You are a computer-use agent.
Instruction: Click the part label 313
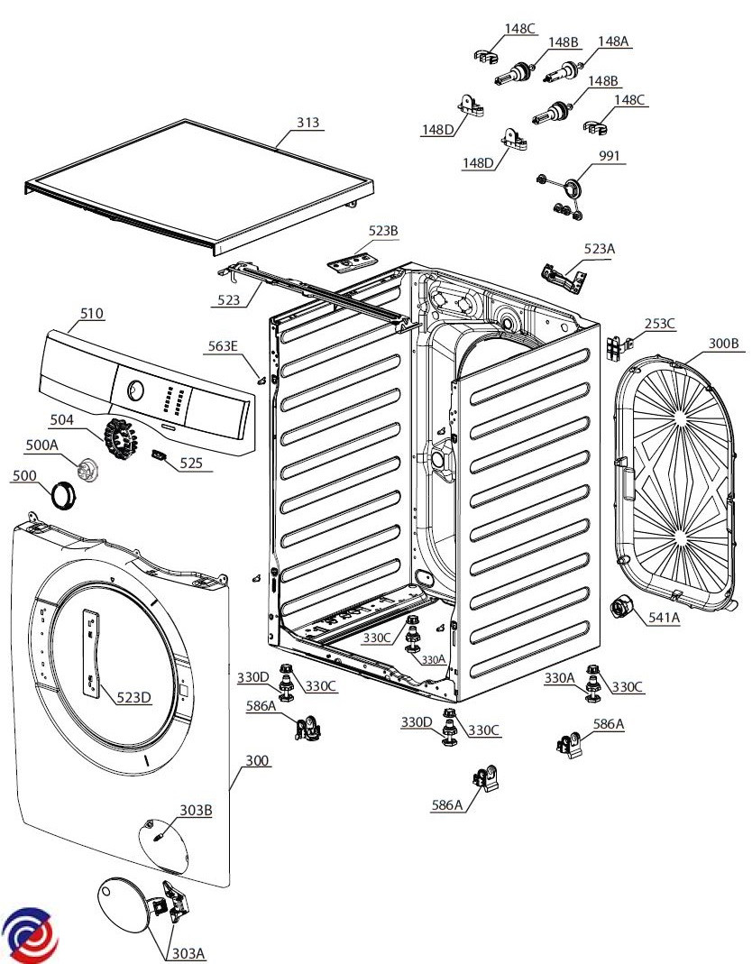[x=308, y=123]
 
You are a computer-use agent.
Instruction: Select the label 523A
[x=599, y=248]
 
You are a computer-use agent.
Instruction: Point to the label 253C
[x=659, y=324]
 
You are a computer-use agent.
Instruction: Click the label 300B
[x=723, y=344]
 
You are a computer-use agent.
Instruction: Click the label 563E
[x=224, y=346]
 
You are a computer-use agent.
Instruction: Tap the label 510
[x=92, y=314]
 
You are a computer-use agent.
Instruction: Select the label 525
[x=191, y=464]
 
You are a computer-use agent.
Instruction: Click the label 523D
[x=133, y=696]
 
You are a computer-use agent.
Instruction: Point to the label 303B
[x=195, y=811]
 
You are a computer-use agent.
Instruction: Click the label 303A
[x=188, y=953]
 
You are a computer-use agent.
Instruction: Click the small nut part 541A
[x=621, y=609]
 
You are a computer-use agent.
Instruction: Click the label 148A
[x=613, y=41]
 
